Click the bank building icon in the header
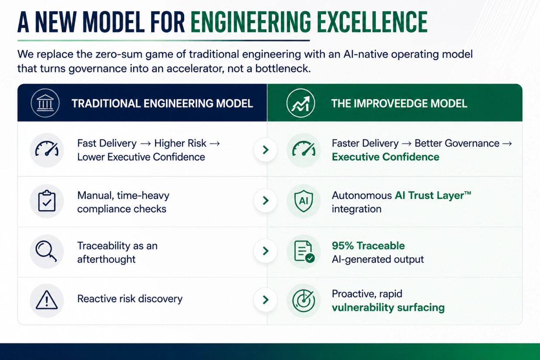coord(45,103)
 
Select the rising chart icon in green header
coord(300,103)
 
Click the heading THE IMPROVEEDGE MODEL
coord(399,103)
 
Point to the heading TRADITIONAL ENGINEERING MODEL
coord(162,103)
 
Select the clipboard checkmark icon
coord(47,201)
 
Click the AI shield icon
coord(304,201)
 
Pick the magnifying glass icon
coord(46,251)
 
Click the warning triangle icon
coord(47,300)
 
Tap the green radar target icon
coord(304,300)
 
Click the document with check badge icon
coord(304,251)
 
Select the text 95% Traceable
coord(368,246)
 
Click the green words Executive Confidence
coord(385,157)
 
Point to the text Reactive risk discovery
coord(130,299)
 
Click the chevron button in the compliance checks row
coord(265,201)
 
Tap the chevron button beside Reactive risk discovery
coord(265,300)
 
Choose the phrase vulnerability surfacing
coord(388,308)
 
